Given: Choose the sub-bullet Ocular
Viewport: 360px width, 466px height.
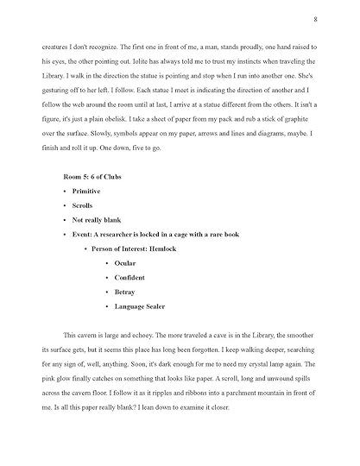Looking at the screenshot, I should pos(125,262).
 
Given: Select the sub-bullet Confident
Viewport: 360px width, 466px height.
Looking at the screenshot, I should pos(130,277).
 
